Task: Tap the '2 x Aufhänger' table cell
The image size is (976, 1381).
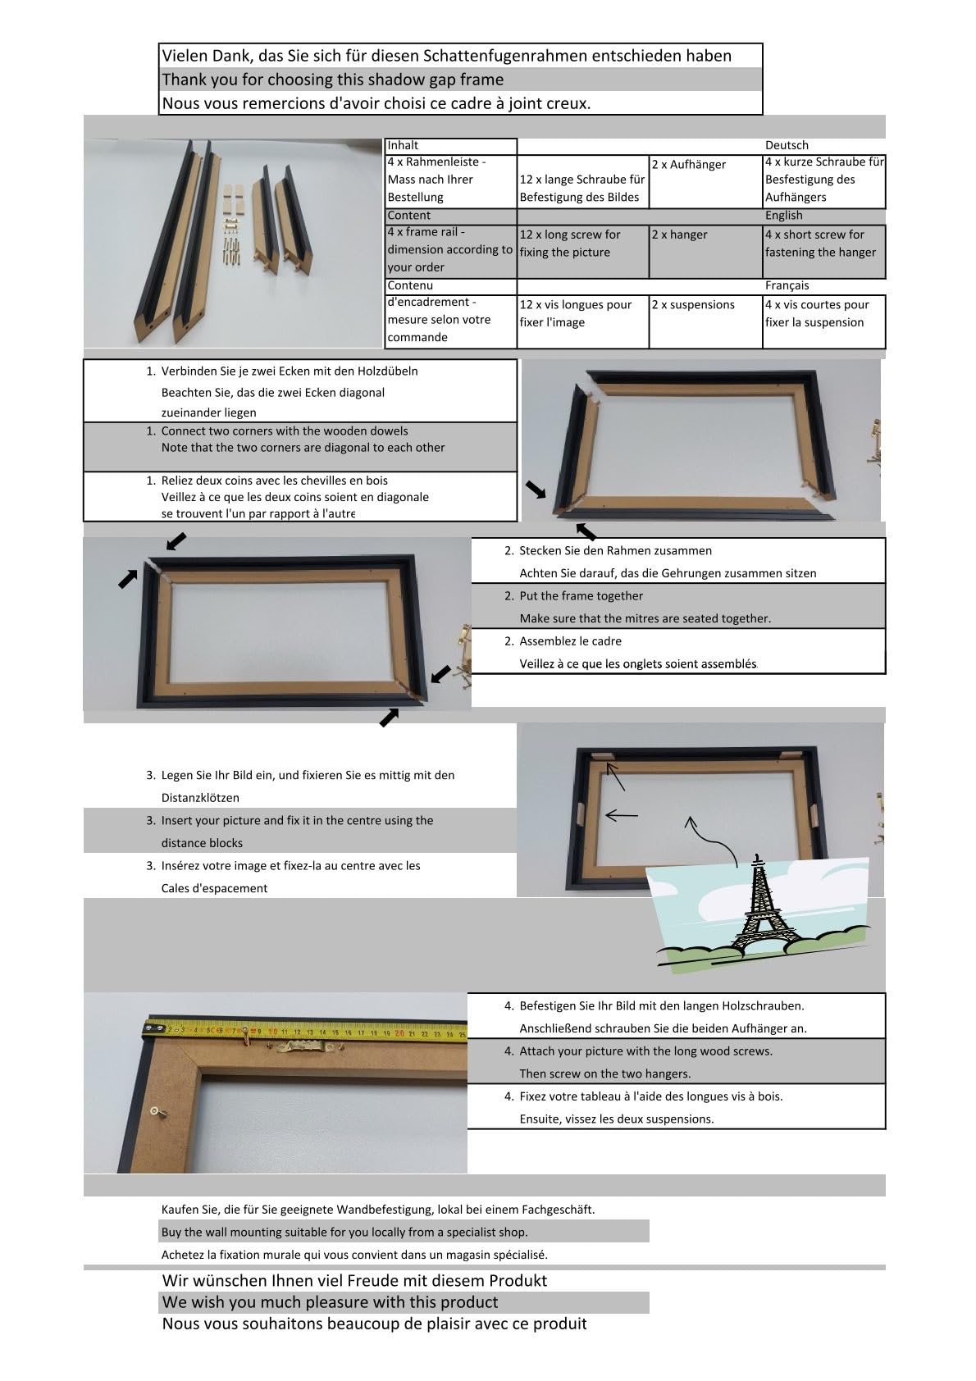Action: click(x=705, y=181)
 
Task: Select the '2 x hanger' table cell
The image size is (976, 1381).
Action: click(x=705, y=252)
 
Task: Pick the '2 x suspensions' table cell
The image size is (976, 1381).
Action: click(x=705, y=321)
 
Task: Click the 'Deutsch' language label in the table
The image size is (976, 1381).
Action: click(x=786, y=145)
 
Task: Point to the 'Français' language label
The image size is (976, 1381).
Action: click(x=787, y=285)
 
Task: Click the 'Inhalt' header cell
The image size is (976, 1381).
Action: click(x=451, y=146)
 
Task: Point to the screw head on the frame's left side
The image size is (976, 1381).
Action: click(x=155, y=1111)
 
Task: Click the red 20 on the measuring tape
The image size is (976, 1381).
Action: click(x=399, y=1032)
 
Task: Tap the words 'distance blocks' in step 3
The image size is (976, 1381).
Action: click(x=203, y=843)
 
